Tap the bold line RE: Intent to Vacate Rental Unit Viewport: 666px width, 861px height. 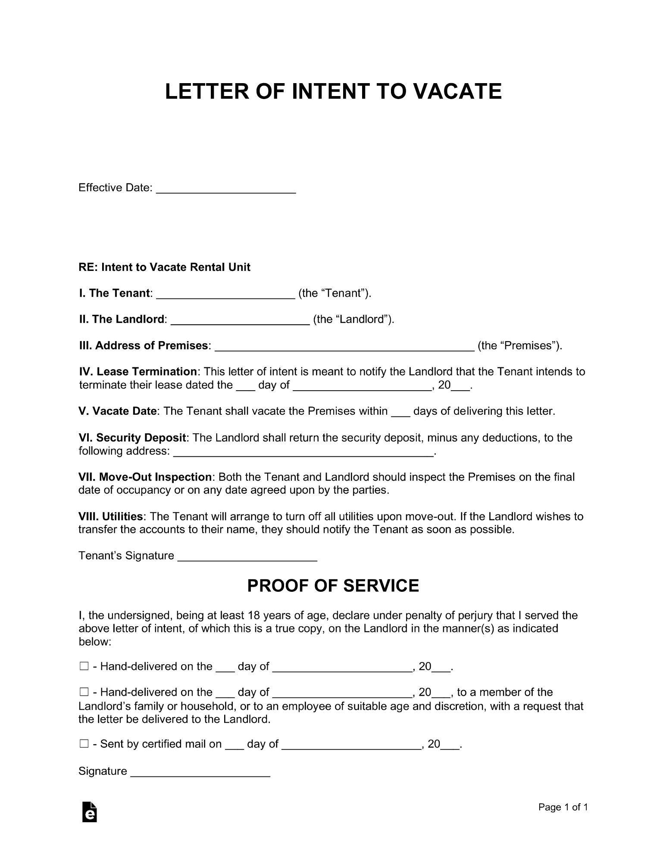164,267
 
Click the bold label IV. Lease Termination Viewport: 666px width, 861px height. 138,372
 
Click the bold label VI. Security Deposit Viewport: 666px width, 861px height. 132,438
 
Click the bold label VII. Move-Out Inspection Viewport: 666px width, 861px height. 145,477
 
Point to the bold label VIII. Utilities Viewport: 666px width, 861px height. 110,516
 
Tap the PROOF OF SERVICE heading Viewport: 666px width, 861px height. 333,586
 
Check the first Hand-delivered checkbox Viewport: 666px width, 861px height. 84,666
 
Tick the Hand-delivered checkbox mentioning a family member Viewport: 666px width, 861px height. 84,692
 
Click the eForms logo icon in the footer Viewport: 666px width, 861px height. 89,812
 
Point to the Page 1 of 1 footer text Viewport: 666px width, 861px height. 563,807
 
